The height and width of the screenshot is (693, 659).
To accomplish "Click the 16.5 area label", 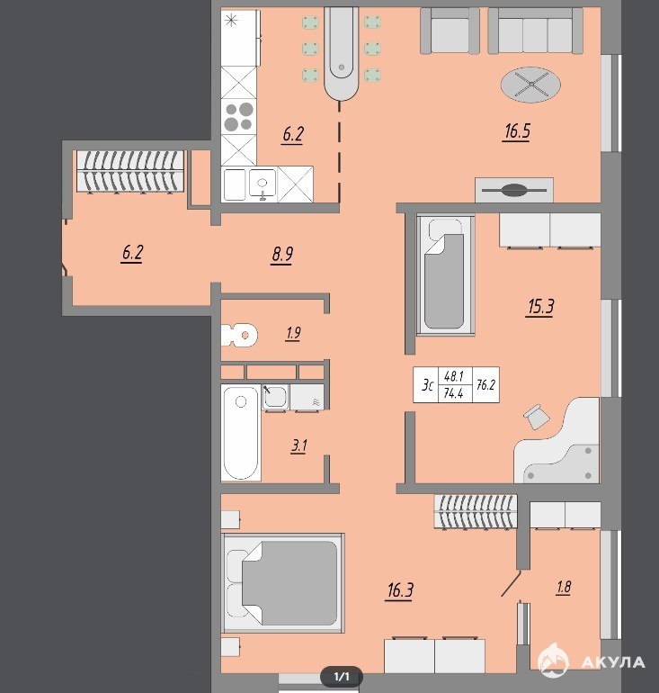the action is click(517, 131).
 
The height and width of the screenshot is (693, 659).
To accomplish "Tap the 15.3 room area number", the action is click(541, 306).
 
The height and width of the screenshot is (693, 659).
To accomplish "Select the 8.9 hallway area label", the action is click(282, 255).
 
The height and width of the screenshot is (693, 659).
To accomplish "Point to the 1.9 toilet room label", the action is click(293, 333).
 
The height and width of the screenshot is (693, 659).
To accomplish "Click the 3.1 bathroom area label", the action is click(298, 445).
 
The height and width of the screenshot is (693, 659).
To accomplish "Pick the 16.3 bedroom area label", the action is click(400, 589).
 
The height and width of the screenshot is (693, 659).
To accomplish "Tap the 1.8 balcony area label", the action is click(564, 587).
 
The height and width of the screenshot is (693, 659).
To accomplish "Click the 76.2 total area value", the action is click(486, 385).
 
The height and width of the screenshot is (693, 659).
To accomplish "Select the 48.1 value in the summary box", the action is click(454, 376).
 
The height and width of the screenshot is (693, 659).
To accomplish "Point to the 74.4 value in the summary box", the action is click(454, 393).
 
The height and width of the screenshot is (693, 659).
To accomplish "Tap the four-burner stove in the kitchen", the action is click(238, 117).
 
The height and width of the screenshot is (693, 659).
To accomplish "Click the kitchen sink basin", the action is click(263, 183).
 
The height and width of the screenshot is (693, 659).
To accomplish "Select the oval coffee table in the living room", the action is click(531, 85).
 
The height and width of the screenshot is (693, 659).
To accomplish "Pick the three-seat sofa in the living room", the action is click(535, 31).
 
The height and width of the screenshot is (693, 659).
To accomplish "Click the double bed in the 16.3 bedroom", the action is click(282, 583).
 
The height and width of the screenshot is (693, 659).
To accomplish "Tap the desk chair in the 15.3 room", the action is click(537, 416).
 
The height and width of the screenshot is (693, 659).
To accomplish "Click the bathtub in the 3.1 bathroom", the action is click(241, 432).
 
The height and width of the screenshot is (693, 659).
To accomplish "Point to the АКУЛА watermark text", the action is click(613, 662).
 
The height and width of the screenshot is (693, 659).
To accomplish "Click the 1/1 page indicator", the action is click(342, 677).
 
